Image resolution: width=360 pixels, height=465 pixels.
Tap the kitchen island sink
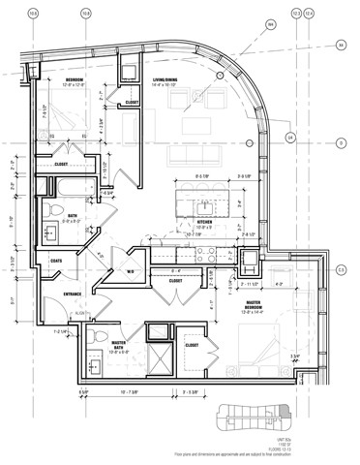[x=206, y=207]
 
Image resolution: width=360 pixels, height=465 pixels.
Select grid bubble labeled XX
[x=340, y=45]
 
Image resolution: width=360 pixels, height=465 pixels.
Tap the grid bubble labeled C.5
[x=340, y=270]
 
